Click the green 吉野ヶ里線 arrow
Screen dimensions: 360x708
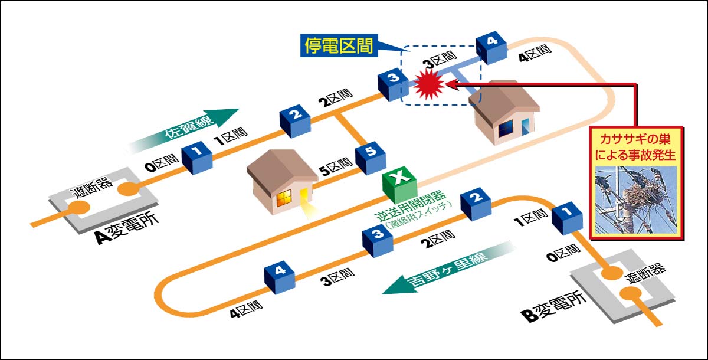click(442, 269)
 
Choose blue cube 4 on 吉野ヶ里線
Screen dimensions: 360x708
click(280, 276)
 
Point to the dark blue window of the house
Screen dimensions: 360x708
click(506, 129)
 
